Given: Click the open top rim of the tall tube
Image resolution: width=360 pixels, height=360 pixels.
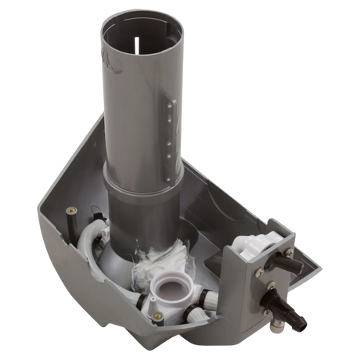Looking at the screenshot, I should click(x=142, y=17).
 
